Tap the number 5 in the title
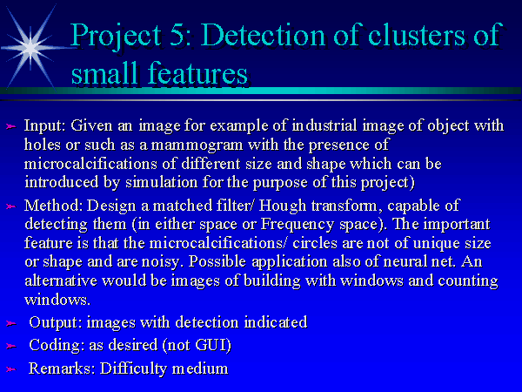point(177,35)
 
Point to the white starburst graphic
point(30,48)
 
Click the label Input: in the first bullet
point(45,125)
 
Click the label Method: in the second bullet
point(54,206)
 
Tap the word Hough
point(283,206)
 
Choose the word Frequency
point(298,225)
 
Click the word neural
point(403,261)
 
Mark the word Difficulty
point(133,368)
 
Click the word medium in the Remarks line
point(200,368)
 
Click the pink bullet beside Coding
point(11,346)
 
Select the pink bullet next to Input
point(11,126)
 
